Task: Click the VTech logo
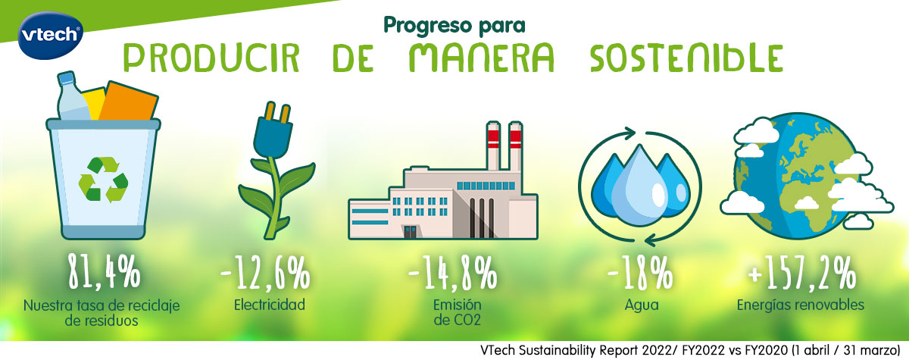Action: [50, 36]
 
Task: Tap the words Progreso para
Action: [454, 26]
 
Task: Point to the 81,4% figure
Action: [105, 271]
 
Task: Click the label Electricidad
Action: [270, 305]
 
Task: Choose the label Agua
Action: [642, 305]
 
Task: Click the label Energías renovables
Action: [801, 305]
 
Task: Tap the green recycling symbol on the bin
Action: [104, 180]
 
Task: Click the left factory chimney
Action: [493, 146]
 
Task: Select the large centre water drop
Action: [640, 186]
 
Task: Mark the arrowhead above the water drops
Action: [629, 133]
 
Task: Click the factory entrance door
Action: [410, 232]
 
